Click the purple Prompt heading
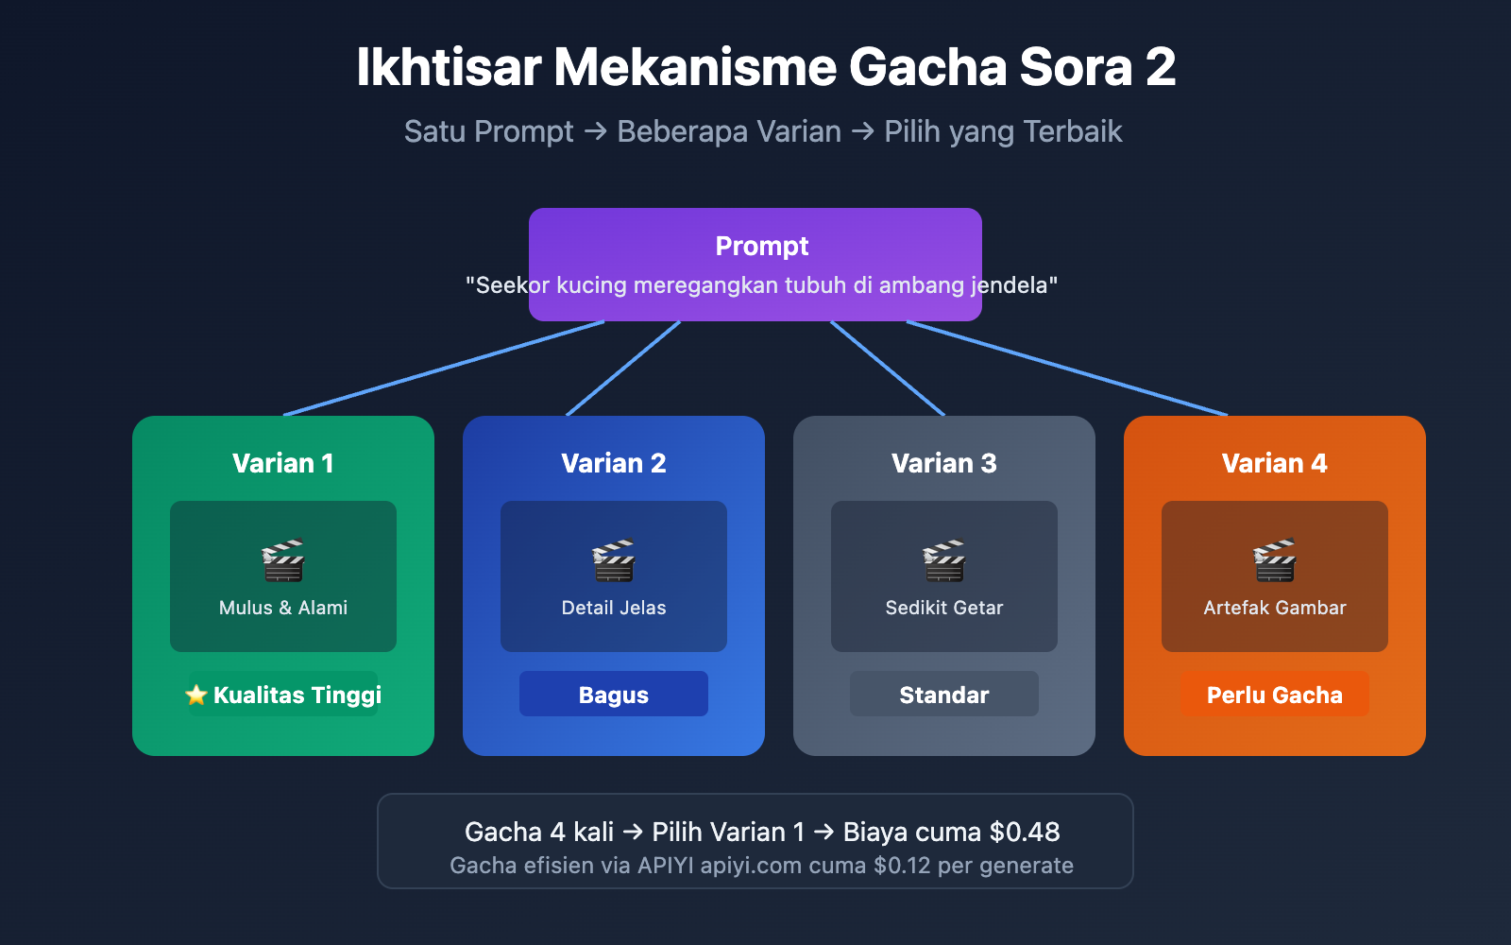click(761, 246)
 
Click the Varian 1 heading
click(283, 463)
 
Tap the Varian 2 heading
click(614, 463)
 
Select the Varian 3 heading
click(944, 463)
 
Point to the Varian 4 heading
click(1275, 463)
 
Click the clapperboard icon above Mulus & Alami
click(283, 560)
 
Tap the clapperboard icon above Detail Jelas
click(614, 560)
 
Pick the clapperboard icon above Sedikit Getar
click(944, 560)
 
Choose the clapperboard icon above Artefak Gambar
click(1275, 560)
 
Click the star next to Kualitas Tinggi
click(196, 696)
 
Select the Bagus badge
click(614, 695)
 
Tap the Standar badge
click(944, 695)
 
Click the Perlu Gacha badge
click(1275, 695)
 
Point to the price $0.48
click(1025, 832)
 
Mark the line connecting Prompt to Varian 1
click(444, 369)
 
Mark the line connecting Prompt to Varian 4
click(1067, 369)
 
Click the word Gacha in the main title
click(927, 68)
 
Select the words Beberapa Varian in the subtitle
click(728, 131)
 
